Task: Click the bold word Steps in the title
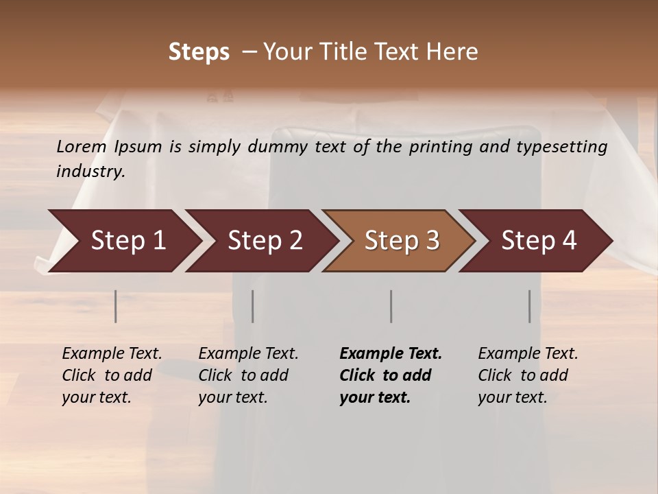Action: pos(199,52)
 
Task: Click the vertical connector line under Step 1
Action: pos(116,306)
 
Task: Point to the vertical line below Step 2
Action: pos(253,306)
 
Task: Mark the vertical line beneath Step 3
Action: pos(391,306)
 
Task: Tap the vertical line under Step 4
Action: pos(530,306)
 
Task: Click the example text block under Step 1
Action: pos(111,375)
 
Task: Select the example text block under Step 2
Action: pos(247,375)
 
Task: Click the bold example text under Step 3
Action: pos(390,375)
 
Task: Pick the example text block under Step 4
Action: pos(527,375)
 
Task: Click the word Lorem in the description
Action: pos(81,147)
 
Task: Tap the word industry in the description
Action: pos(90,172)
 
